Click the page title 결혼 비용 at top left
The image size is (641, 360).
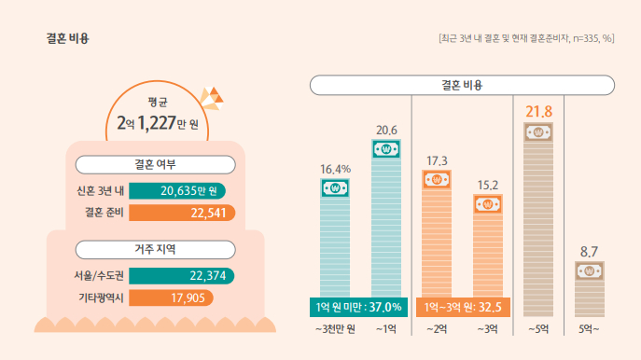67,38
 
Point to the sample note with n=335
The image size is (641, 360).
525,38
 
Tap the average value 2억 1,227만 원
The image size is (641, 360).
164,121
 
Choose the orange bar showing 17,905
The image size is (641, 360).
171,298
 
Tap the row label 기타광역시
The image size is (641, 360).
101,298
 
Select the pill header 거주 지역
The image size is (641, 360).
155,249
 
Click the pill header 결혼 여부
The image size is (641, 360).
155,164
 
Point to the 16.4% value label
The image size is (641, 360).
335,169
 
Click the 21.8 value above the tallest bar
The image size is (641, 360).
538,112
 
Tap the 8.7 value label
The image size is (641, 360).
589,252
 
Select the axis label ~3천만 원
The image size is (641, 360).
335,329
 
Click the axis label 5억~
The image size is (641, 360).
589,329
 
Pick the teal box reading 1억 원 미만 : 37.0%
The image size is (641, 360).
359,306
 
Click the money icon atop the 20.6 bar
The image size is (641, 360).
385,147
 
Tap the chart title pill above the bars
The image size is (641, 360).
462,85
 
